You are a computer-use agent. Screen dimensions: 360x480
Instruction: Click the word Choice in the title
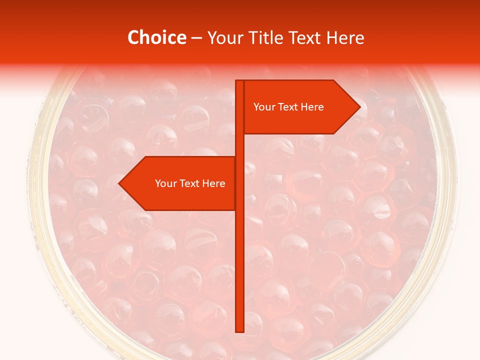click(156, 38)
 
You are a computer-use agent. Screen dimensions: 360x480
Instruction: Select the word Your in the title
click(224, 38)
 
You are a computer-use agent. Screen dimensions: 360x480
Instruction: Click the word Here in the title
click(345, 38)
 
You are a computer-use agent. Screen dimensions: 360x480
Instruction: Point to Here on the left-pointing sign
click(213, 183)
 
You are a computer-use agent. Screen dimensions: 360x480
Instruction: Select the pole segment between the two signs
click(239, 145)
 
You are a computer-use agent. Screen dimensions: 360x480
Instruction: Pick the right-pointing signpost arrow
click(300, 120)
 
